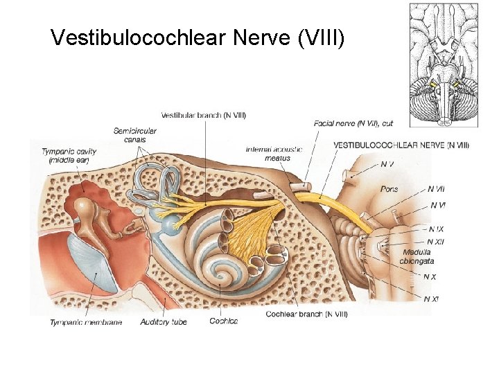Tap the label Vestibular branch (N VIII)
click(x=203, y=114)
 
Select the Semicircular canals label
click(x=135, y=135)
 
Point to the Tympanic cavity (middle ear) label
click(x=69, y=155)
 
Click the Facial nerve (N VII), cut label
click(x=353, y=123)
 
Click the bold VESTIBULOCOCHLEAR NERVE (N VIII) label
click(x=401, y=145)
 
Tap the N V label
click(x=388, y=164)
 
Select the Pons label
click(x=389, y=188)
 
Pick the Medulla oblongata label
click(x=417, y=256)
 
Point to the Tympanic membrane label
click(x=86, y=322)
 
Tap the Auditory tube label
click(x=164, y=322)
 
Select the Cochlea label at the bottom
click(x=223, y=321)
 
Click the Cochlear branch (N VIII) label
click(x=306, y=314)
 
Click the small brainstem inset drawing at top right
click(x=443, y=66)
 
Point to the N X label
click(x=430, y=276)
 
